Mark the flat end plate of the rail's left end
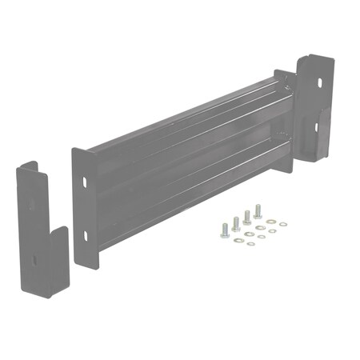point(83,208)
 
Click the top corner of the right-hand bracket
point(309,55)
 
